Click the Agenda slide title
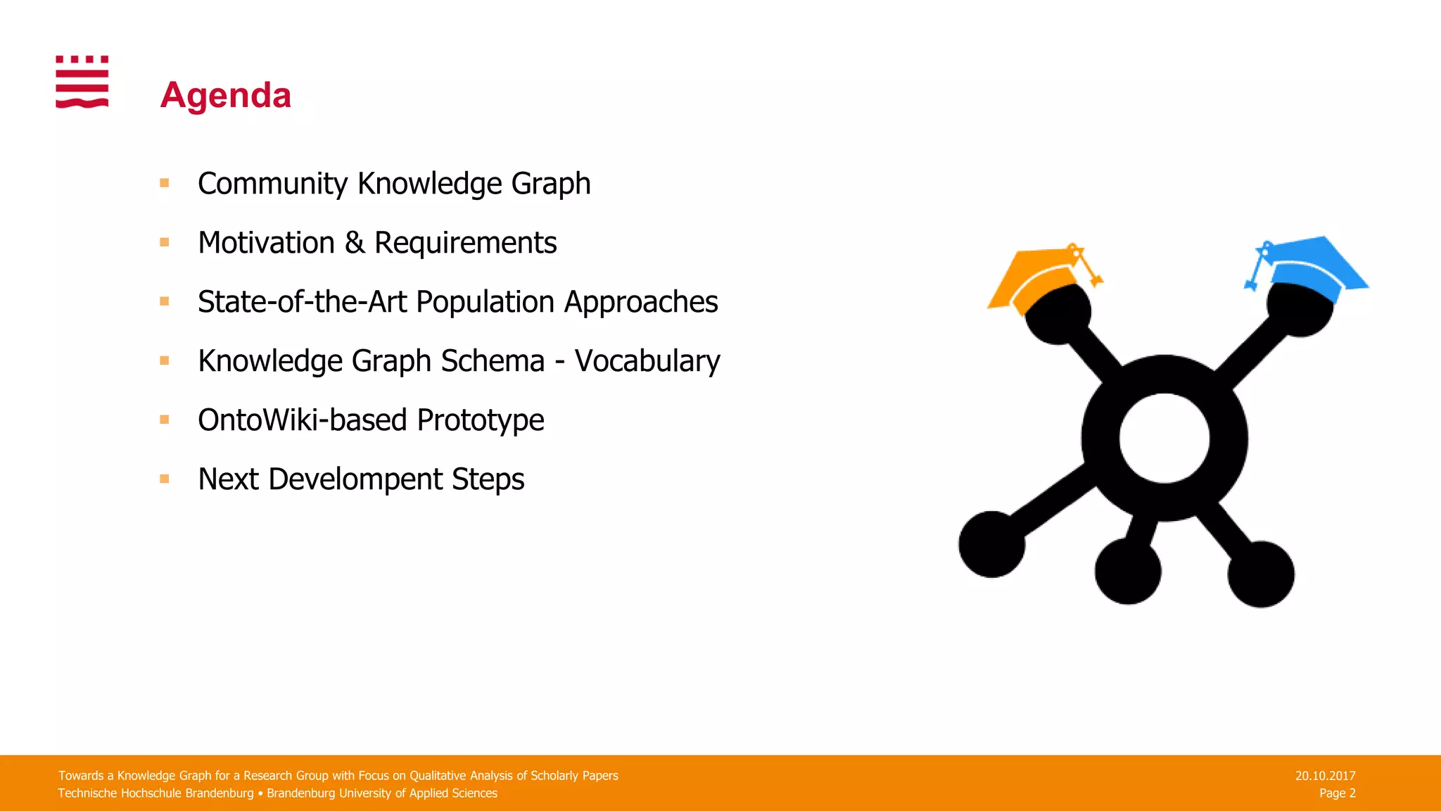[x=225, y=95]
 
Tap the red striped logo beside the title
[x=82, y=82]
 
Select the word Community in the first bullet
[x=273, y=184]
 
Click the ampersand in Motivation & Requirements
[x=355, y=243]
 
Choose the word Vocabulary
[x=647, y=361]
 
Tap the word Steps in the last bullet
[x=488, y=479]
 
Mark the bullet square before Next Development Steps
[x=165, y=479]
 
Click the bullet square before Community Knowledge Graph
[x=165, y=183]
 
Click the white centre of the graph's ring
[x=1164, y=438]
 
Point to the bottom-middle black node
[x=1128, y=571]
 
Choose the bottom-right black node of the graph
[x=1261, y=574]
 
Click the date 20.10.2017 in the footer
[x=1325, y=776]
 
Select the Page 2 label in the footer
[x=1337, y=793]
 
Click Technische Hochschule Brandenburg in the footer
[x=155, y=793]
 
